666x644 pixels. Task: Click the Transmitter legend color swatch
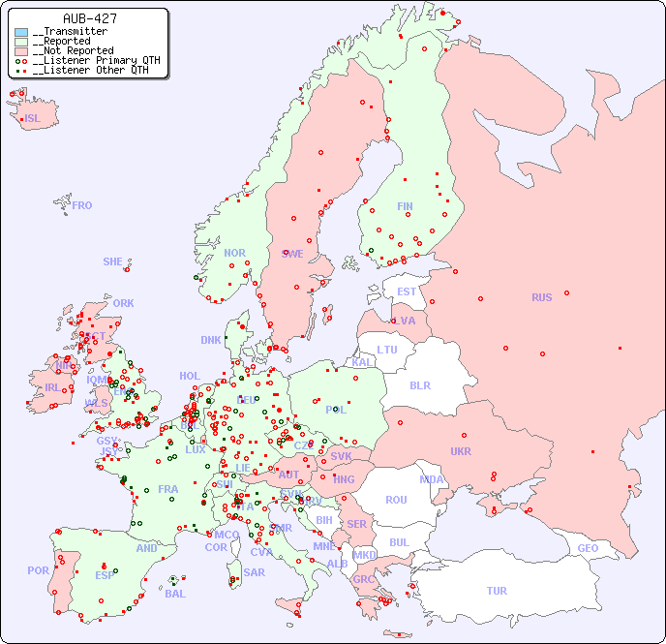21,32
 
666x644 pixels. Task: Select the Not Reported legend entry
72,50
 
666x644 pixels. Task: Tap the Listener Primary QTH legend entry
88,60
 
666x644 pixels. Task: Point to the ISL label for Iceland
32,119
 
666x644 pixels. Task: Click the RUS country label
541,297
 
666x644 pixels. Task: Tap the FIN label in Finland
405,206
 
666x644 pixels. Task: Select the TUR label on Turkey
497,591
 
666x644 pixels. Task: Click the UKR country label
460,451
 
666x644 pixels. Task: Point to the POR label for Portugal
38,570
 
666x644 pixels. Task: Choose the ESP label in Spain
105,574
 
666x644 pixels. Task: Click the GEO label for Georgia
588,548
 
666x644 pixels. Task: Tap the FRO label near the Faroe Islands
82,205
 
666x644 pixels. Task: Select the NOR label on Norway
234,253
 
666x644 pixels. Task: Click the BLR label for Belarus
419,384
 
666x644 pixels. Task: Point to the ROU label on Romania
396,500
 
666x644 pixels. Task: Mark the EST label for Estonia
407,291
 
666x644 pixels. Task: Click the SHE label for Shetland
112,261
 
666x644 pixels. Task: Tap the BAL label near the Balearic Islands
174,594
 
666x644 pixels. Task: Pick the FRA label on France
168,489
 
